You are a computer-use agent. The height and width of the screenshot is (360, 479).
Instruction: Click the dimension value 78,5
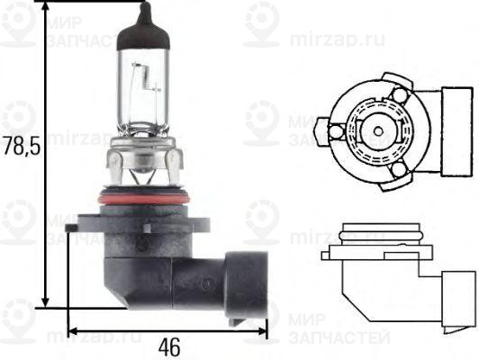click(20, 147)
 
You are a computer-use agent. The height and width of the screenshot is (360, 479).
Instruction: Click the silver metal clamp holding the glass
click(142, 162)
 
